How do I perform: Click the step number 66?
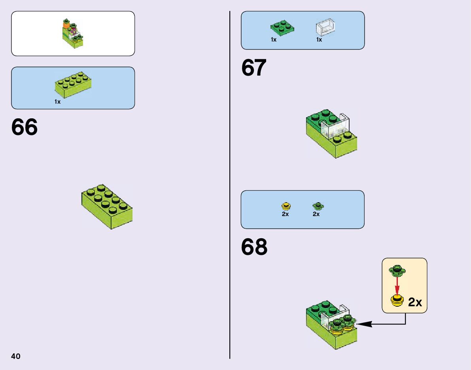coord(25,127)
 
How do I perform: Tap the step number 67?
coord(254,68)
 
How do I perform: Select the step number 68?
coord(254,247)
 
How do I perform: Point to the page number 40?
coord(16,356)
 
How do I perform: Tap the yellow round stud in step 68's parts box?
coord(286,206)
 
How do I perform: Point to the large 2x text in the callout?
coord(415,303)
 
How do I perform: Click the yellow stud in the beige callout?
coord(397,300)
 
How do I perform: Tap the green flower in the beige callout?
coord(397,270)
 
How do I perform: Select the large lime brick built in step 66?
coord(107,206)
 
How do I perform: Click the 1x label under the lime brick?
coord(58,102)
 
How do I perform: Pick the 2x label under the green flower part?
coord(316,214)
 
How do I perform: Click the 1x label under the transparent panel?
coord(319,40)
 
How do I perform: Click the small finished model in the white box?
coord(72,33)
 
